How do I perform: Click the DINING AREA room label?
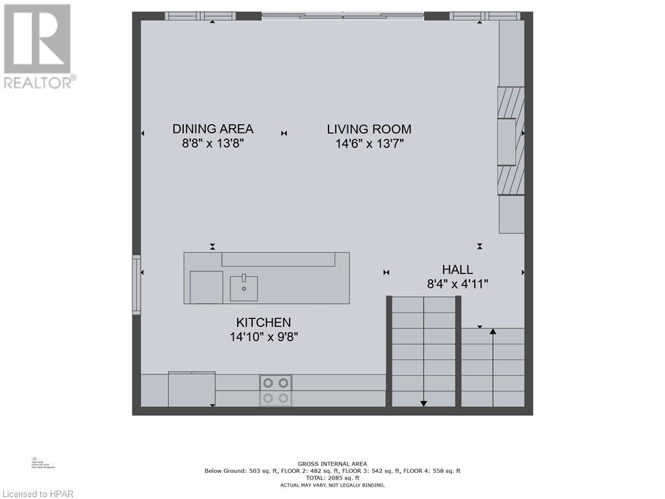(x=212, y=129)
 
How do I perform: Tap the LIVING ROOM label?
(x=369, y=129)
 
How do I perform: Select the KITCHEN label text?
(x=263, y=322)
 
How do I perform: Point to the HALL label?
(x=457, y=270)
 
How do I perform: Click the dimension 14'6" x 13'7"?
(x=370, y=144)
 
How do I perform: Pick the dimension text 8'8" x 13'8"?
(x=213, y=144)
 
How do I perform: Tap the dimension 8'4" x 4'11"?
(x=457, y=284)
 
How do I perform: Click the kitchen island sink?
(x=244, y=288)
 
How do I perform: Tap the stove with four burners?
(x=275, y=390)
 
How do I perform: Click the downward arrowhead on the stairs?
(x=423, y=403)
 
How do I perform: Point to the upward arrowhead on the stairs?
(x=493, y=332)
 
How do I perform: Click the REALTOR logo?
(x=38, y=45)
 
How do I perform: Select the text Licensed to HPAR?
(x=37, y=493)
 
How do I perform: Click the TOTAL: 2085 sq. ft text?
(x=332, y=478)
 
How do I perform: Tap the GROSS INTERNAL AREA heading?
(x=332, y=464)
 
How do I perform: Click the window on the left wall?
(x=136, y=285)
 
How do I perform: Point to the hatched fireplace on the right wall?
(x=510, y=140)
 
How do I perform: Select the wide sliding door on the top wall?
(x=343, y=16)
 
